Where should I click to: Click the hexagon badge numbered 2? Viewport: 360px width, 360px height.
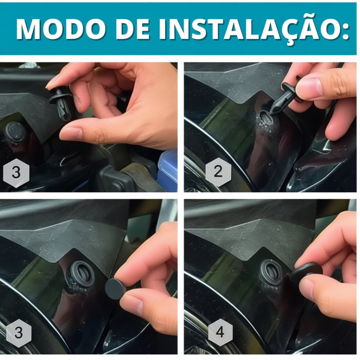click(218, 172)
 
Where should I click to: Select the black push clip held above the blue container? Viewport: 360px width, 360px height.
click(61, 103)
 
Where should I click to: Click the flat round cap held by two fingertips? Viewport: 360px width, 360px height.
click(115, 289)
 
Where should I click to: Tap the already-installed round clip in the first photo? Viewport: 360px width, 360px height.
click(15, 133)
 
